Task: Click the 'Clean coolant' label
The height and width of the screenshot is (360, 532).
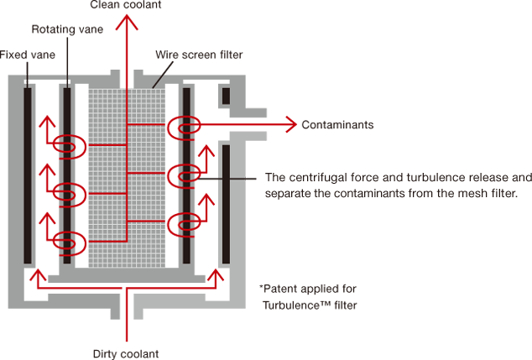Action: point(126,5)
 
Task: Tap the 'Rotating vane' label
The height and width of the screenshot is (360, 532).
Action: point(67,29)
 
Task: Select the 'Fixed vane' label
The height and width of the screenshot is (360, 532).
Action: point(27,55)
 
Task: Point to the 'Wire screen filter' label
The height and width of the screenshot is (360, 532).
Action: point(199,55)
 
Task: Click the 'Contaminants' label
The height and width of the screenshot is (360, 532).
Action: point(337,125)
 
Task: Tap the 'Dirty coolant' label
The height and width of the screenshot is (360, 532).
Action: point(126,354)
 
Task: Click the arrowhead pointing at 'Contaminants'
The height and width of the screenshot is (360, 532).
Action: point(292,124)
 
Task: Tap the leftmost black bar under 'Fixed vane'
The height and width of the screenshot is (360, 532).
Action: point(28,175)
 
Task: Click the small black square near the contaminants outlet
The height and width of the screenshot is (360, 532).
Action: point(226,96)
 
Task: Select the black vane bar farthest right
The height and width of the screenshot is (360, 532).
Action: point(226,204)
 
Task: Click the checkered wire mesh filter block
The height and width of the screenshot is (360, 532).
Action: point(127,178)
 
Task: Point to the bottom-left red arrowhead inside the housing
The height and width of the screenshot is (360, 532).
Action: point(38,275)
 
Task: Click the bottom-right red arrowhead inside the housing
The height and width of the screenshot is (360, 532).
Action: point(216,275)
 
